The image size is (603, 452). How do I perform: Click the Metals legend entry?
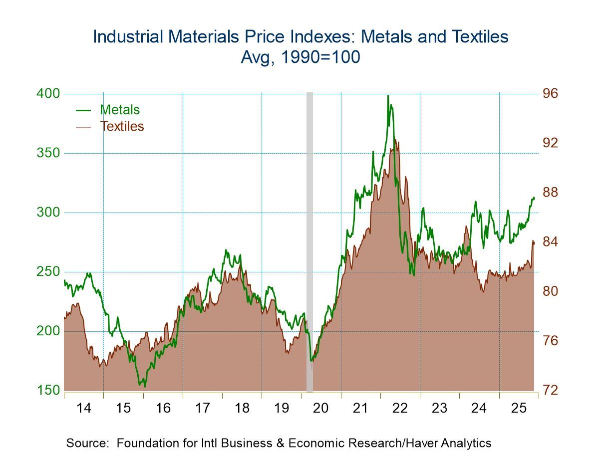tap(119, 110)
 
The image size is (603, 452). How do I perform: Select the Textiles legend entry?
tap(122, 126)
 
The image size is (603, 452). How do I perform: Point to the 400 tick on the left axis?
tap(48, 94)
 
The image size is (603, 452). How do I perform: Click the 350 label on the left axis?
tap(48, 153)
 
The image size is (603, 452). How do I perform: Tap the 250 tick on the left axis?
tap(48, 272)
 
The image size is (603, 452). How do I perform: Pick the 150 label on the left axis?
tap(48, 390)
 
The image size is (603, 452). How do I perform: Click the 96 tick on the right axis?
tap(551, 94)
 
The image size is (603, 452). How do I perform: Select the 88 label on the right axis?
tap(551, 193)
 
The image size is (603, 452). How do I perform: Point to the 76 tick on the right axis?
tap(551, 341)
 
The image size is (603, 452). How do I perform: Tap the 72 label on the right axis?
tap(551, 390)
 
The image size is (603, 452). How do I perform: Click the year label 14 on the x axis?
tap(84, 408)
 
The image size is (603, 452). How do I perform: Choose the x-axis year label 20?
tap(321, 408)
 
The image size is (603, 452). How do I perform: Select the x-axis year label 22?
tap(400, 408)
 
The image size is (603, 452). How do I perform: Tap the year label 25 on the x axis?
tap(519, 408)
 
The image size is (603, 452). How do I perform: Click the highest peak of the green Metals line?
tap(388, 96)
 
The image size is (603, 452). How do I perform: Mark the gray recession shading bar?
tap(309, 239)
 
